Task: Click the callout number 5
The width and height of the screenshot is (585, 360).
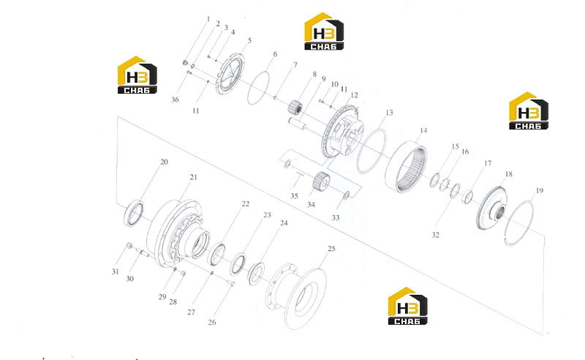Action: (x=249, y=40)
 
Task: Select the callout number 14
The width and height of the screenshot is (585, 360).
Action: (x=423, y=131)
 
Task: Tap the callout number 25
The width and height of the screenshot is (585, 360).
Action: (x=331, y=249)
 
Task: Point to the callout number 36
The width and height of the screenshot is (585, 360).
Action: (x=175, y=100)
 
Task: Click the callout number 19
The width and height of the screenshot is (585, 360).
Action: (x=540, y=191)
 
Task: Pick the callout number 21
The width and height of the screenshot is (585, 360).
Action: (x=193, y=177)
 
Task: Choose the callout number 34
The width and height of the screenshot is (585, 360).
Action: (x=312, y=205)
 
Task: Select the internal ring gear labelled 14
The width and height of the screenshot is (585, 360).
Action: (x=406, y=167)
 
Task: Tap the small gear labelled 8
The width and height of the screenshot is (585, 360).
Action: (x=295, y=107)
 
